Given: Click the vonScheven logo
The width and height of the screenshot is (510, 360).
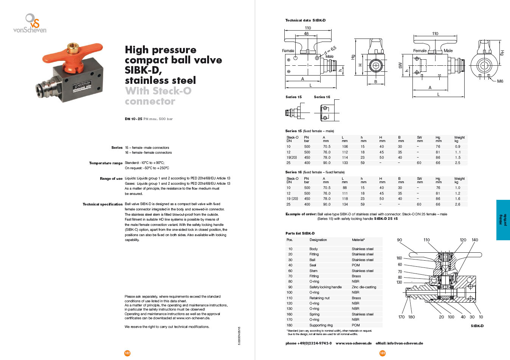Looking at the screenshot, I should (30, 24).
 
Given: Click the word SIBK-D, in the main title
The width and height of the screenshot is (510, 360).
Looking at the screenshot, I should (143, 70).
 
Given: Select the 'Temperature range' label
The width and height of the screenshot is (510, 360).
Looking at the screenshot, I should (106, 163).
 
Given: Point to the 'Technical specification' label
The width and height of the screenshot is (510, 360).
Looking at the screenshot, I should (103, 204).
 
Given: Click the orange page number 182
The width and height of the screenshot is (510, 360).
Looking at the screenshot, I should (127, 353).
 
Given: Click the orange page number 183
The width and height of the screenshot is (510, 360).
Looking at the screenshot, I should (383, 353).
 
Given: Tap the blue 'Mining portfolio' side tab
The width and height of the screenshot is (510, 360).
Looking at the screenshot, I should (503, 220).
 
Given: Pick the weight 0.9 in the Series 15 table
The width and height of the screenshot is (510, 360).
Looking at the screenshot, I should (457, 147).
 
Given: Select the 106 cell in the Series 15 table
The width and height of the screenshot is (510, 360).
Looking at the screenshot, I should (345, 147).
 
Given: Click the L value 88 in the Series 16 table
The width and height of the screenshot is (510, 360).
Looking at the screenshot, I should (345, 188).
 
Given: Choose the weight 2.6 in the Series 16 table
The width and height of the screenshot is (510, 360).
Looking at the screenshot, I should (457, 204).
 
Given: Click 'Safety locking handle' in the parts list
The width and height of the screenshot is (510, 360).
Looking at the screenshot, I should (325, 287).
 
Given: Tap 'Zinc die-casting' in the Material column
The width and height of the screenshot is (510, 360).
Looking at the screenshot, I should (364, 287).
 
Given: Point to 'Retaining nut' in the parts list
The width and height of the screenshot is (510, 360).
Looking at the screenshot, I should (319, 298).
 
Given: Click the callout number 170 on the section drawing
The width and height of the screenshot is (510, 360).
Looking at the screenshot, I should (401, 317).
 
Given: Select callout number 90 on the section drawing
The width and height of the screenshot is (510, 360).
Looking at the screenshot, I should (399, 240).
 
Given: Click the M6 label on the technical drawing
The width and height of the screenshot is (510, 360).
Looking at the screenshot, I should (500, 81).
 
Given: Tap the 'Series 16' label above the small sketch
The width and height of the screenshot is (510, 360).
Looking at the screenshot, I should (322, 97).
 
